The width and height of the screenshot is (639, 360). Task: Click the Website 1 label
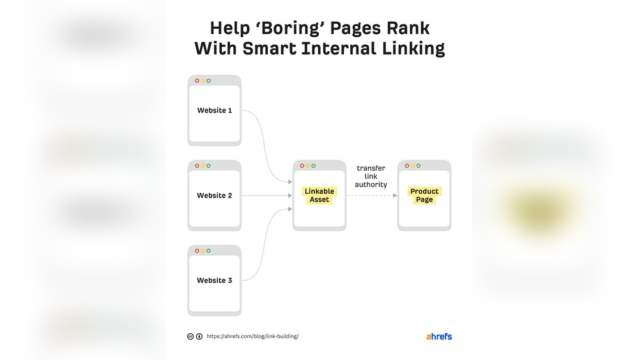coord(214,111)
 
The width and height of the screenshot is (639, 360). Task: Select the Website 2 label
coord(214,196)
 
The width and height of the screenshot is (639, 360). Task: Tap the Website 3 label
coord(214,281)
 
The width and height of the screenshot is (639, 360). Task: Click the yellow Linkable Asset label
coord(319,195)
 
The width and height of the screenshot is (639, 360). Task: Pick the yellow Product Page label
coord(424,195)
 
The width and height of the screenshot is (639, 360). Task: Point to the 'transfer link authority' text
coord(371,176)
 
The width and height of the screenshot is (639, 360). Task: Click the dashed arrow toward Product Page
coord(372,196)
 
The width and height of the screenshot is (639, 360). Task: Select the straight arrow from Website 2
coord(267,196)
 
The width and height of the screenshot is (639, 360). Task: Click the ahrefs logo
coord(439,336)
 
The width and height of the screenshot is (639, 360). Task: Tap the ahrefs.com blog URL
coord(252,336)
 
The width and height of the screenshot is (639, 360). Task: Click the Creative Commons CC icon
coord(190,336)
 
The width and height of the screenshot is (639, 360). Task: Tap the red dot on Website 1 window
coord(197,81)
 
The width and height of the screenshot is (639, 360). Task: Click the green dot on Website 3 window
coord(209,251)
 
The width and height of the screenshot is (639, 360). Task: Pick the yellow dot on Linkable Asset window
coord(308,166)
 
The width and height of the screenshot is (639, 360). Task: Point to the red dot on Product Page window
coord(406,166)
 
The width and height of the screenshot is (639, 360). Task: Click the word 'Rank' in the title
coord(408,28)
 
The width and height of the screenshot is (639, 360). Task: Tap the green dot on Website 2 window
coord(209,166)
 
